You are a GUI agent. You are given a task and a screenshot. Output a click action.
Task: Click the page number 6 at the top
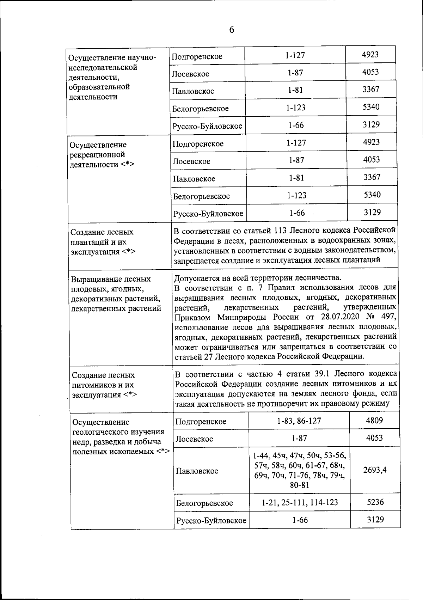click(x=232, y=30)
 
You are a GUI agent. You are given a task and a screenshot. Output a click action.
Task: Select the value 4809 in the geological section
click(x=374, y=420)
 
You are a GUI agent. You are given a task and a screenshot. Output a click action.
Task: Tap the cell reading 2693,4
click(x=375, y=470)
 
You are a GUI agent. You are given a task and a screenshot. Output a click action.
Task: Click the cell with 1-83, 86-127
click(x=299, y=421)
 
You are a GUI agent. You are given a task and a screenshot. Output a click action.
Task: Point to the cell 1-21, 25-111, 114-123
click(x=300, y=502)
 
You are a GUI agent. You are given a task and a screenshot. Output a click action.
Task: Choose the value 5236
click(x=375, y=502)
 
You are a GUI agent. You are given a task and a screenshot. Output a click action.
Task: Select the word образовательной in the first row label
click(x=99, y=87)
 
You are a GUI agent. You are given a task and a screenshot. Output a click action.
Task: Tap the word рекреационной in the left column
click(x=97, y=154)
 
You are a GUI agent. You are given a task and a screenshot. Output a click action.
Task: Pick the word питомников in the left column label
click(x=92, y=385)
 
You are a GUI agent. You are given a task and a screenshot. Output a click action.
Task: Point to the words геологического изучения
click(x=118, y=432)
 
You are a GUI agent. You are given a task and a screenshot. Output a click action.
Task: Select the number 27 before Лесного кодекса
click(x=208, y=356)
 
